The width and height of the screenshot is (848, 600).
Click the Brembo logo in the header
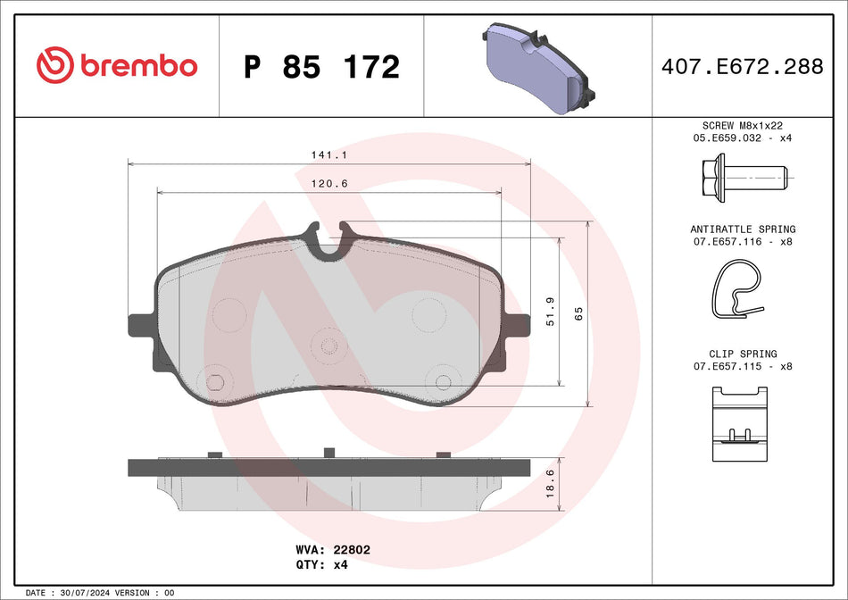coord(116,66)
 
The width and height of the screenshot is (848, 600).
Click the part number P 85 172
coord(321,67)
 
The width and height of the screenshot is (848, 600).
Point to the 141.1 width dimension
coord(321,154)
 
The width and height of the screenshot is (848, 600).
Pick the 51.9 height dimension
coord(551,312)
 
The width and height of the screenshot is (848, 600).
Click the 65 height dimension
coord(578,313)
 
